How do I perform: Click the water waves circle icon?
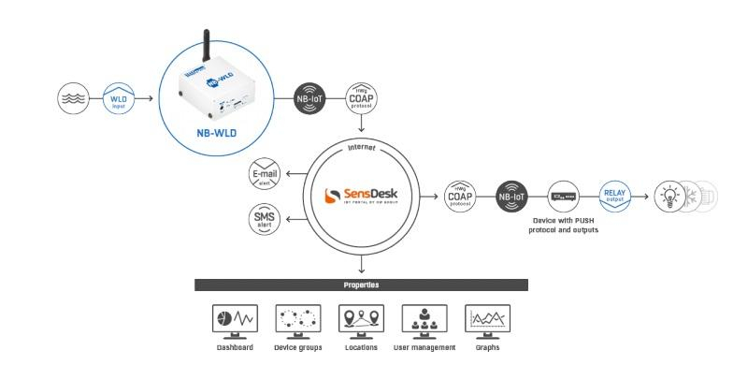pyautogui.click(x=76, y=97)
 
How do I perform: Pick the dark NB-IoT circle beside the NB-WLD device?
pyautogui.click(x=310, y=98)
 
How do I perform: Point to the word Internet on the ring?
pyautogui.click(x=361, y=147)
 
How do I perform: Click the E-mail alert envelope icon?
pyautogui.click(x=266, y=175)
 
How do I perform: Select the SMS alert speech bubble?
pyautogui.click(x=266, y=220)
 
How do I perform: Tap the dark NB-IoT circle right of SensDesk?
pyautogui.click(x=512, y=197)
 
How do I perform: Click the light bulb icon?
pyautogui.click(x=671, y=197)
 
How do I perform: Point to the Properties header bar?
pyautogui.click(x=361, y=285)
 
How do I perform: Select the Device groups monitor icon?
pyautogui.click(x=297, y=321)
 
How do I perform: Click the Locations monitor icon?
pyautogui.click(x=361, y=321)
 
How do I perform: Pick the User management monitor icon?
pyautogui.click(x=424, y=321)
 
